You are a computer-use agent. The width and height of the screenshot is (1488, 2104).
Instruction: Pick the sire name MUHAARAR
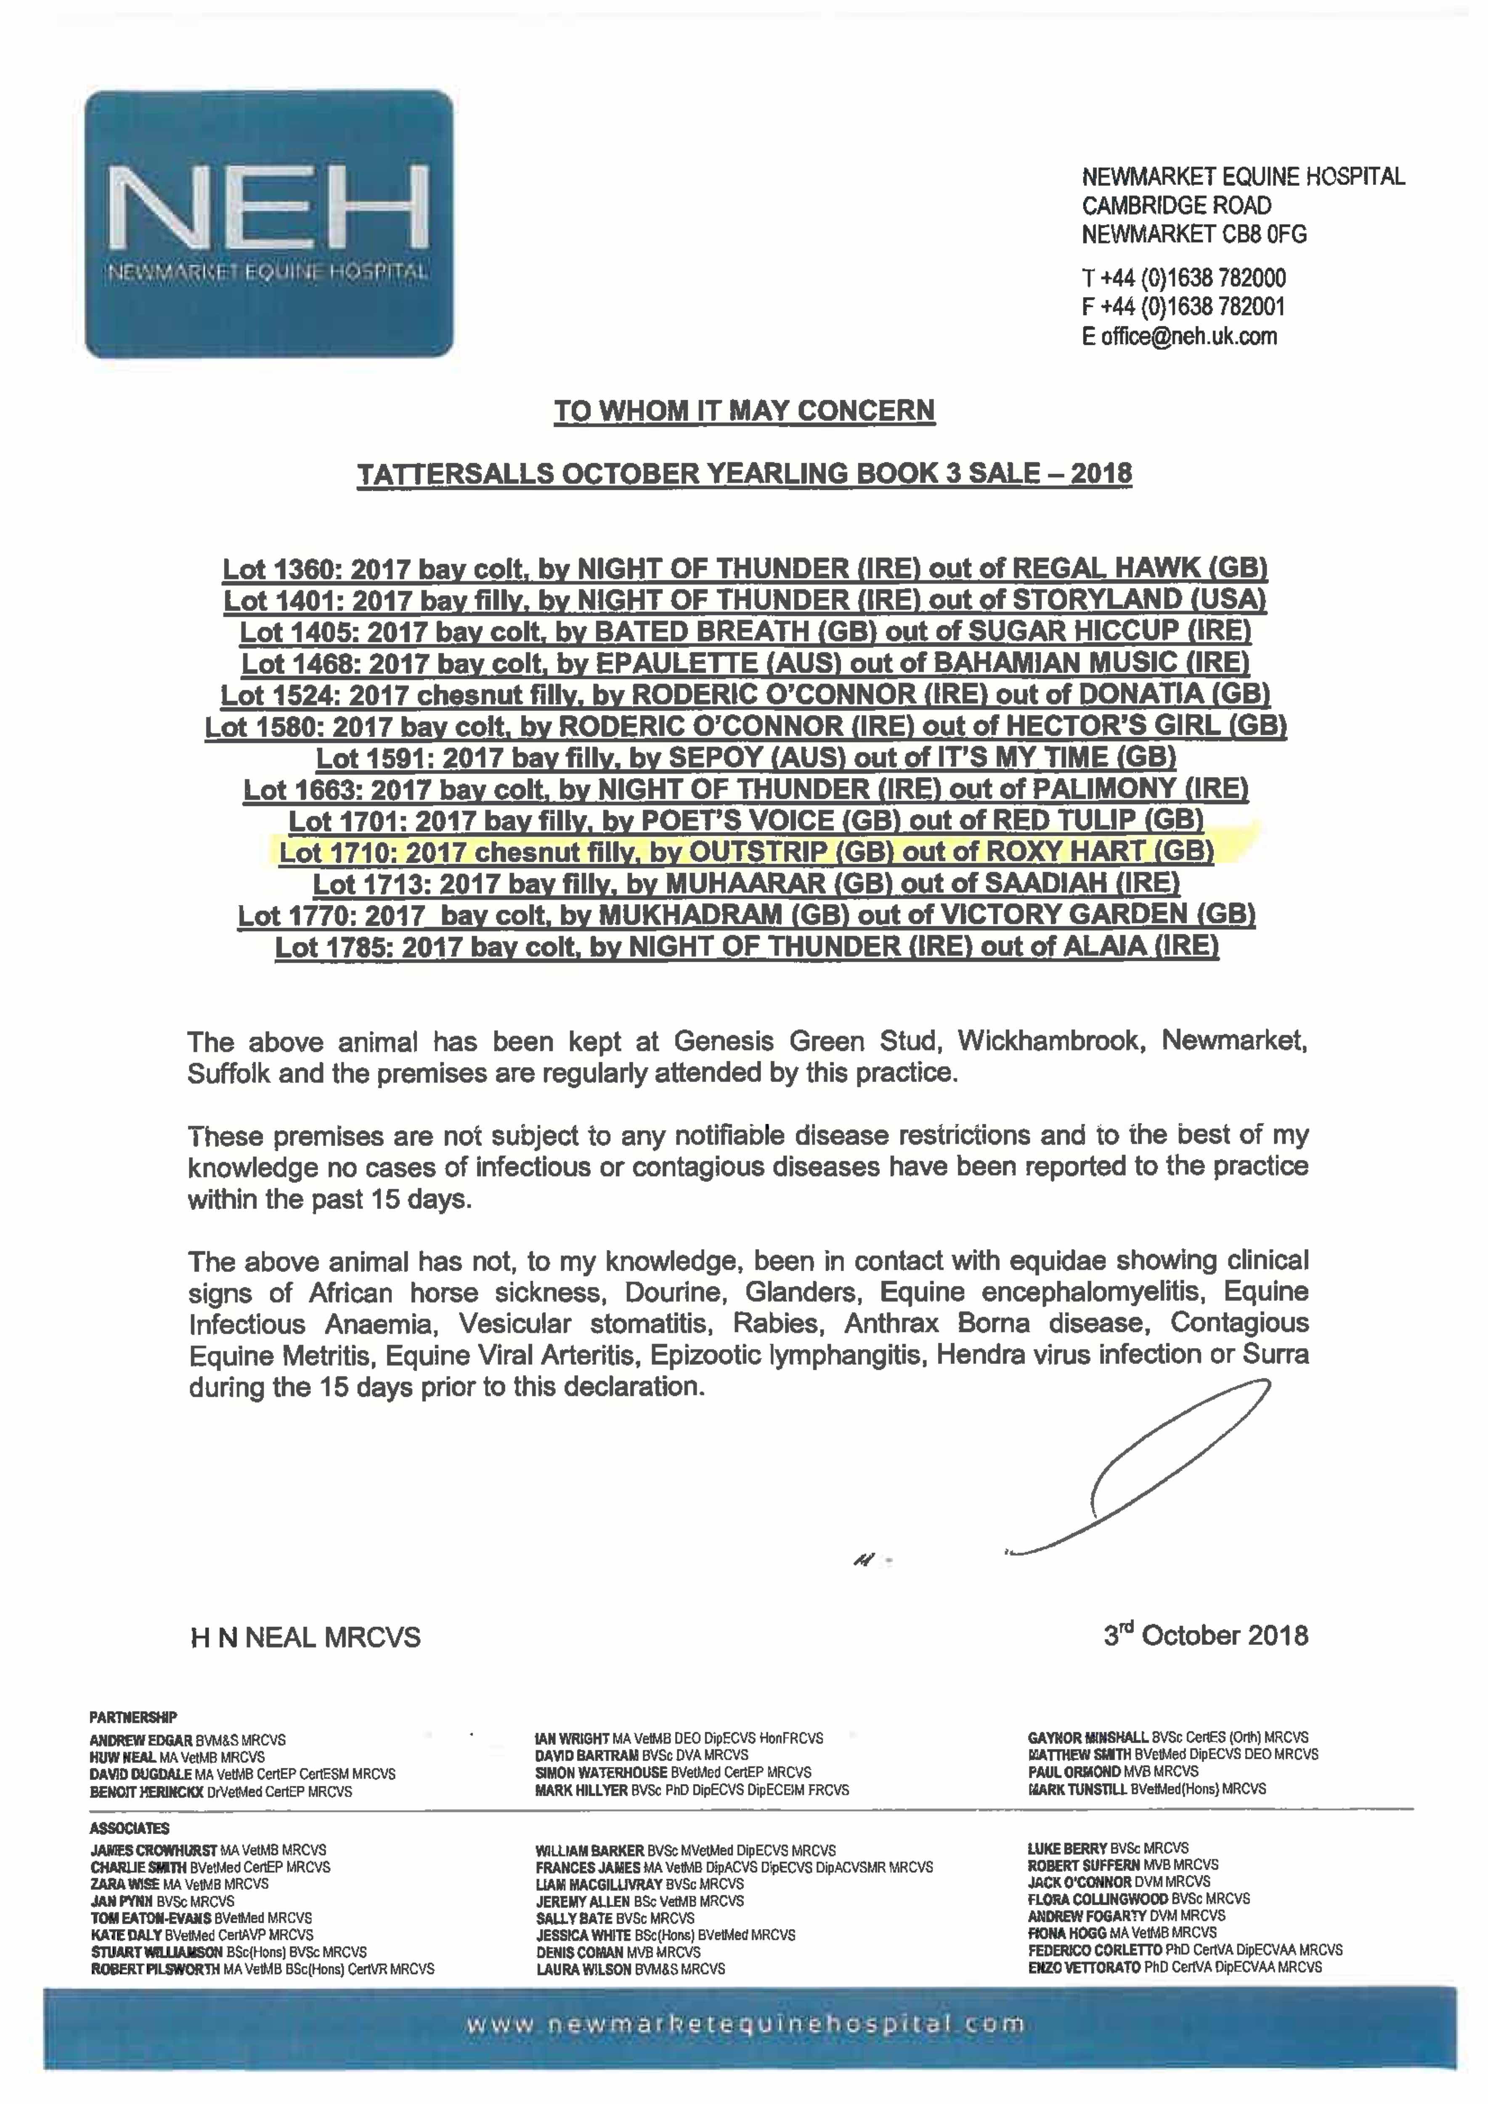tap(720, 883)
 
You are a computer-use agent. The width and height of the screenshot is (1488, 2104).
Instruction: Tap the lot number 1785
tap(362, 947)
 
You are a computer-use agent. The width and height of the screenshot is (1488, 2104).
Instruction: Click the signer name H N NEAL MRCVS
tap(305, 1638)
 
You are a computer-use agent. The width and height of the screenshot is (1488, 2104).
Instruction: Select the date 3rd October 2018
tap(1206, 1636)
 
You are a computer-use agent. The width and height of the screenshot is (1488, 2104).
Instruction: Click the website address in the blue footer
tap(745, 2024)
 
